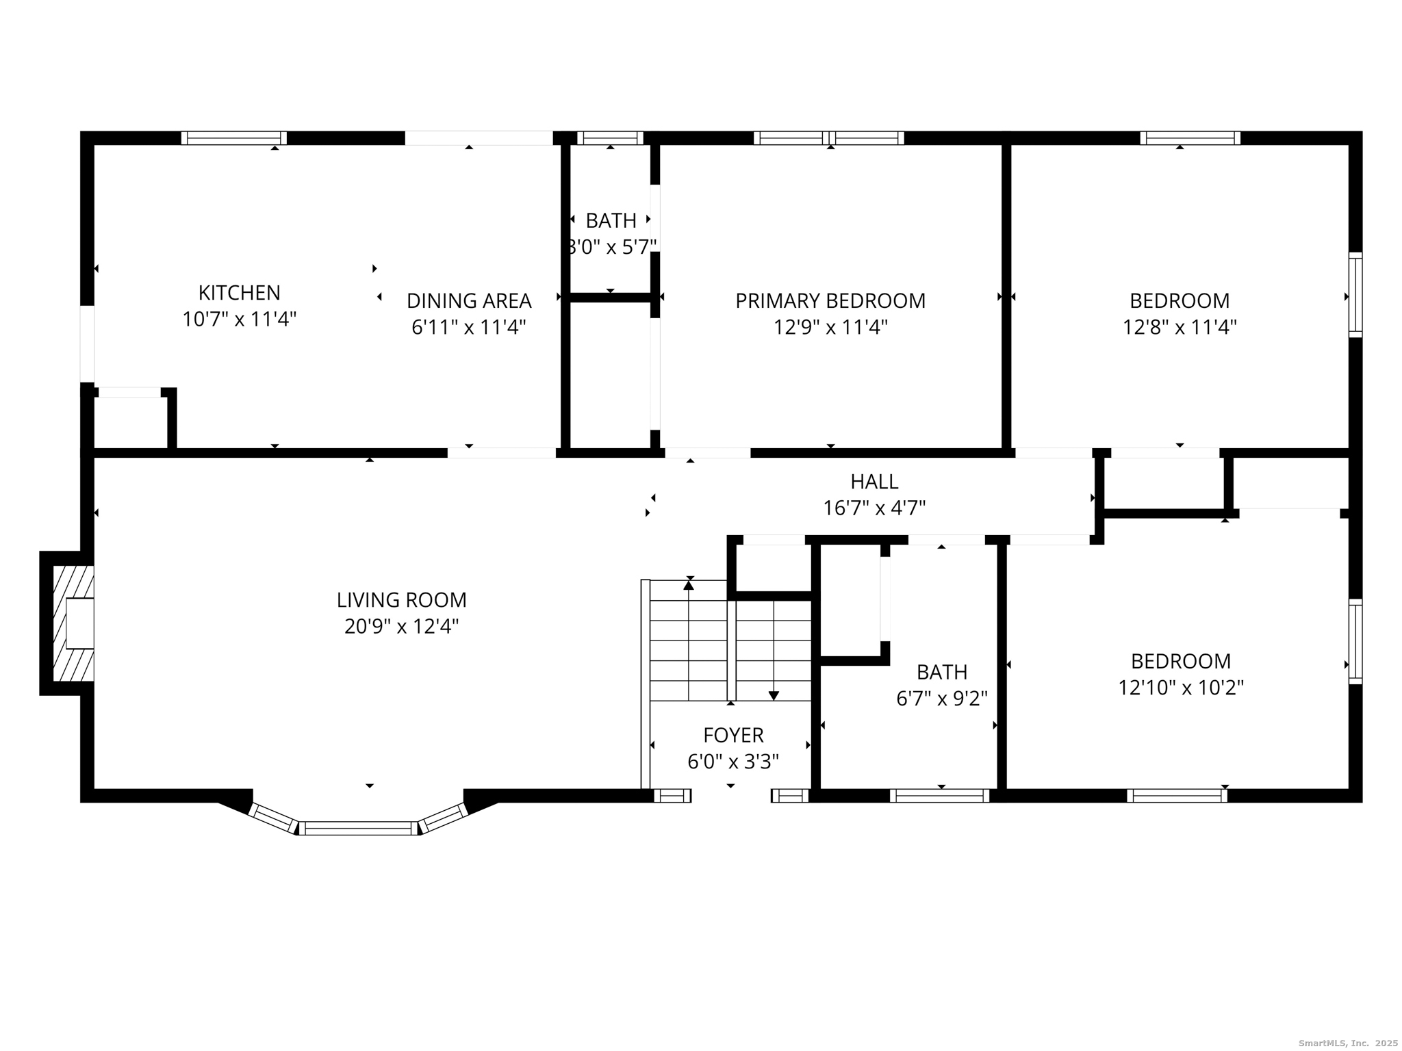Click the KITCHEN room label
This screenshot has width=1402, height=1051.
coord(239,293)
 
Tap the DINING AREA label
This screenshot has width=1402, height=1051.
coord(469,301)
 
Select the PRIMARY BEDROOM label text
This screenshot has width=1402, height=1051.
coord(830,301)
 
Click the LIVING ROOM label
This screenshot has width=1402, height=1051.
coord(401,600)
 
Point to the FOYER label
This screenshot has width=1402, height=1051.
coord(733,736)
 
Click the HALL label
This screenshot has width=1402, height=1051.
coord(874,482)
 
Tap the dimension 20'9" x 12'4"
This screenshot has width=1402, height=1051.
coord(401,627)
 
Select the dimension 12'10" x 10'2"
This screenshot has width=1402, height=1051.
coord(1180,688)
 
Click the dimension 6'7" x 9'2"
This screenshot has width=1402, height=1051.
coord(942,699)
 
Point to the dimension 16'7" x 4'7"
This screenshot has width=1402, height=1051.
coord(874,508)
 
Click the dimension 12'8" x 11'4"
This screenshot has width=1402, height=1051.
coord(1179,327)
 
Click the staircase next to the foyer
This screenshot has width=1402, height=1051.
coord(730,640)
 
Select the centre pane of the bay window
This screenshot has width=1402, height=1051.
coord(358,828)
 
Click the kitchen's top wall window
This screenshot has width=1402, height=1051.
coord(234,138)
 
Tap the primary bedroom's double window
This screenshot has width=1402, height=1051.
coord(828,138)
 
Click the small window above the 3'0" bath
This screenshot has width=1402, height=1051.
coord(610,138)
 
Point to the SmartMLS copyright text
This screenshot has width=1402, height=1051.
coord(1348,1043)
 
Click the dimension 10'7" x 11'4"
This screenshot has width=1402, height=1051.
coord(239,320)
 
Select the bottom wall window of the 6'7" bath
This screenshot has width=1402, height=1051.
coord(939,795)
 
